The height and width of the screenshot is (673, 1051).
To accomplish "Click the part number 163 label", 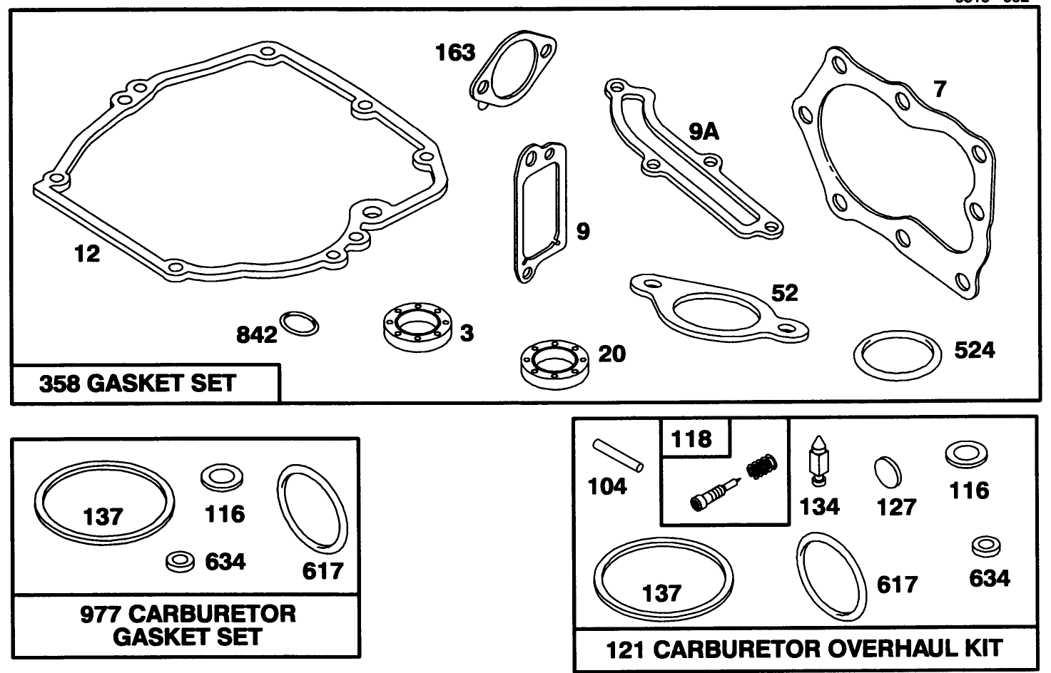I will point(455,52).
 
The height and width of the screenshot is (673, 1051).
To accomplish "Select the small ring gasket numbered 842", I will point(299,324).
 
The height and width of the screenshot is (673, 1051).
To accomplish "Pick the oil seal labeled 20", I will point(554,363).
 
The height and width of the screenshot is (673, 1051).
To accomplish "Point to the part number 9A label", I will point(704,131).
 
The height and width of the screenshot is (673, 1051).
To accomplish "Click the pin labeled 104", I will point(618,455).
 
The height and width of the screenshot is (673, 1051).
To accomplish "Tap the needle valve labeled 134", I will point(818,462).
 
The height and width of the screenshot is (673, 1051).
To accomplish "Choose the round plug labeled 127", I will point(888,471).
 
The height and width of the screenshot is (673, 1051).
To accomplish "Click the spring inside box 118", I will point(762,467).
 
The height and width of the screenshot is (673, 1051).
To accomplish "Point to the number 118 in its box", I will point(691,438).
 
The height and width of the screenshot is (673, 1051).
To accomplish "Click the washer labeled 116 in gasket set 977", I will point(220,478).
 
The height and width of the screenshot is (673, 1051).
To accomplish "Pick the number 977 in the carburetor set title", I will point(101,614).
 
